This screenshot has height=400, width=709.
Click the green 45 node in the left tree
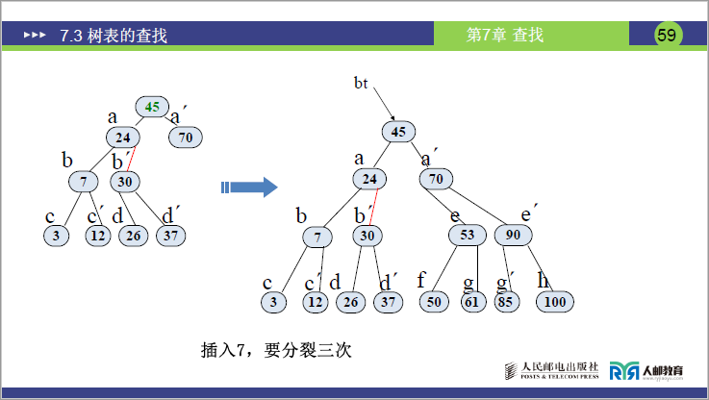click(152, 107)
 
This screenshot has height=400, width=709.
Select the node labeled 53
click(468, 235)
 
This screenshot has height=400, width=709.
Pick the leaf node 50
click(435, 302)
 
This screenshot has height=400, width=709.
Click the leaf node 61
click(471, 302)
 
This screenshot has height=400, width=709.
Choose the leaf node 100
click(555, 302)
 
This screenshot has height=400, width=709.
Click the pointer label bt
click(361, 84)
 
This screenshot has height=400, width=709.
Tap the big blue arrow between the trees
click(249, 187)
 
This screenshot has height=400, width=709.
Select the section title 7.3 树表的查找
click(114, 37)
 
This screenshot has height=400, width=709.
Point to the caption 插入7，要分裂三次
click(276, 350)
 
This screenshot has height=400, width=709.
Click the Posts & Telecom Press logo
click(552, 370)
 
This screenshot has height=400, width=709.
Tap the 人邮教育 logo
click(646, 370)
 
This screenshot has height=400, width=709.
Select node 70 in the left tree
click(186, 137)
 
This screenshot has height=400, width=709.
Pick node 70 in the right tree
click(436, 179)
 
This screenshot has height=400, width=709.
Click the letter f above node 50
click(421, 281)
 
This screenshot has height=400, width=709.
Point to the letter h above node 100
click(544, 280)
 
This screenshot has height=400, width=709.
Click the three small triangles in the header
click(35, 37)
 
